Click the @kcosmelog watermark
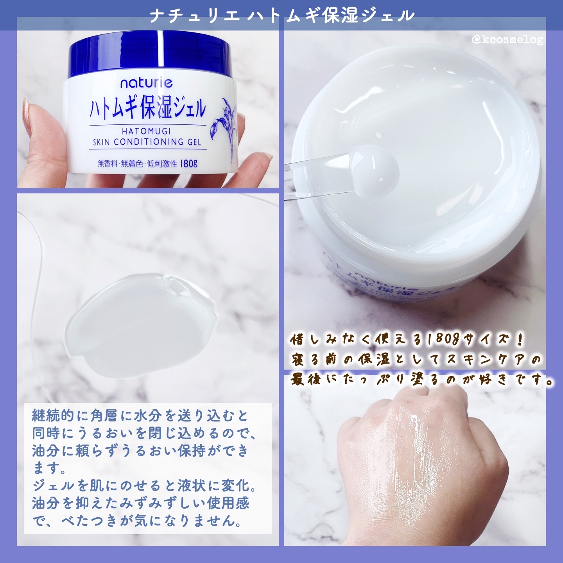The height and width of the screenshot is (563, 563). click(507, 40)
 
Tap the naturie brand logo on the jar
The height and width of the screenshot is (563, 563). click(146, 83)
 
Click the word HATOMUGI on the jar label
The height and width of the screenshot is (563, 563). click(146, 131)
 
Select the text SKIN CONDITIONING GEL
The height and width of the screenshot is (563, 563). click(147, 142)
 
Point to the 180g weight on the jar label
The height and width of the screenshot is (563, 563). click(189, 164)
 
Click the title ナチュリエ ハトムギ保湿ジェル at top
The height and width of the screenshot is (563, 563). click(281, 16)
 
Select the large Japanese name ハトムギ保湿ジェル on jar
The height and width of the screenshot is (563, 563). click(148, 108)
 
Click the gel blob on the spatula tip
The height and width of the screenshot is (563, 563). click(374, 172)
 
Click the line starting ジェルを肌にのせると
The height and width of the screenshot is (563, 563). click(145, 486)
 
